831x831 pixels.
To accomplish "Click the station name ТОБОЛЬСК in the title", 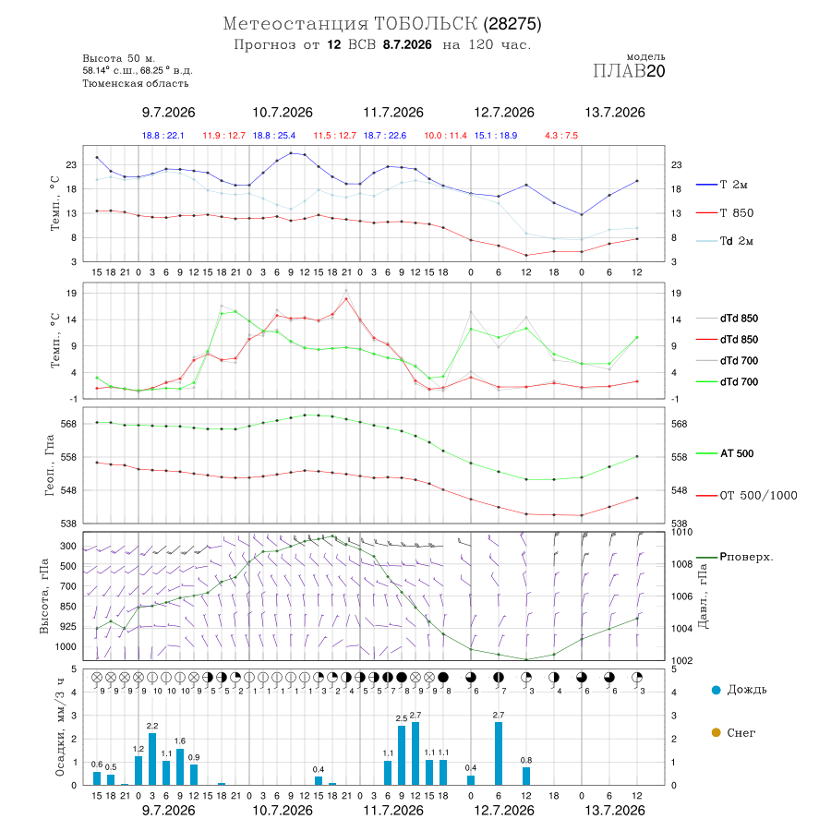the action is coord(426,24).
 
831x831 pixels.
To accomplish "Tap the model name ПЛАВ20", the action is coord(629,71).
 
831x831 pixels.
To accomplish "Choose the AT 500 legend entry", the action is coord(725,453).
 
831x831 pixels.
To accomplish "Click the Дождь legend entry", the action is coord(739,690).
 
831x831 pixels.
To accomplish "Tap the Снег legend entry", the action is coord(733,732).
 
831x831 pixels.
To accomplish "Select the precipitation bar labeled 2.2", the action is coord(152,759).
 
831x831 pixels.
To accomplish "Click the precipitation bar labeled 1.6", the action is coord(180,766).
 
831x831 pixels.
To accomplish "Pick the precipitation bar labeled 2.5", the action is coord(402,755).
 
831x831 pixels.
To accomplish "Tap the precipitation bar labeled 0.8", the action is coord(526,776).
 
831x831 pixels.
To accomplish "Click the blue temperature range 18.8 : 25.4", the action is coord(274,136).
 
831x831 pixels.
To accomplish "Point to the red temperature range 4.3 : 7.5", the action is coord(561,136).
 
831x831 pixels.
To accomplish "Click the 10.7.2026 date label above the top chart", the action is coord(283,113).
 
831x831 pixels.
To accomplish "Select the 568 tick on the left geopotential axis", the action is coord(69,424).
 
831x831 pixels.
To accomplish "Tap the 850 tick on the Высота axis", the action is coord(68,607).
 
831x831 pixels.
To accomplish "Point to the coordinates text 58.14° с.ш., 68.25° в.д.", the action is coord(138,70).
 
